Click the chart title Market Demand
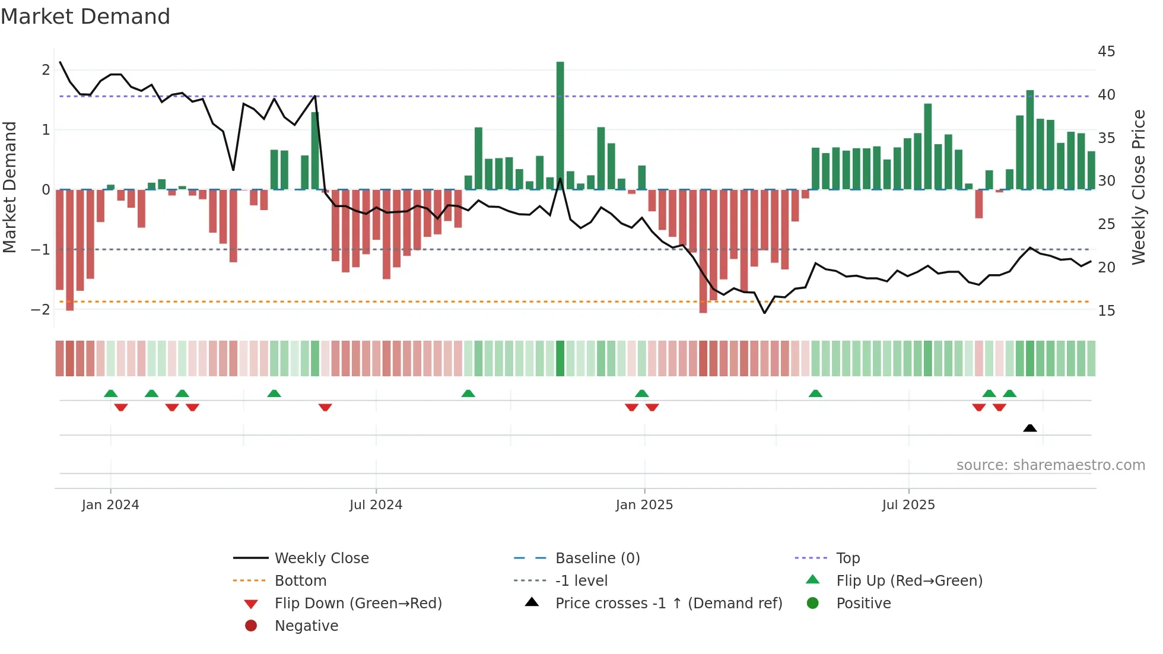(85, 17)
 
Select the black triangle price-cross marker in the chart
(1030, 428)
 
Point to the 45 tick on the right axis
(1106, 52)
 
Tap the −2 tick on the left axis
(40, 310)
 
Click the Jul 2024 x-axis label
(376, 505)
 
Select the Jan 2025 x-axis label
(644, 505)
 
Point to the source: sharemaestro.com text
(1050, 465)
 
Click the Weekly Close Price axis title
(1138, 187)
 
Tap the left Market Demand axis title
(10, 187)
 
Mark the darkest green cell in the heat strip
(560, 358)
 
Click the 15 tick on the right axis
(1106, 311)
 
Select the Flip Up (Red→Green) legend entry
(909, 581)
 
